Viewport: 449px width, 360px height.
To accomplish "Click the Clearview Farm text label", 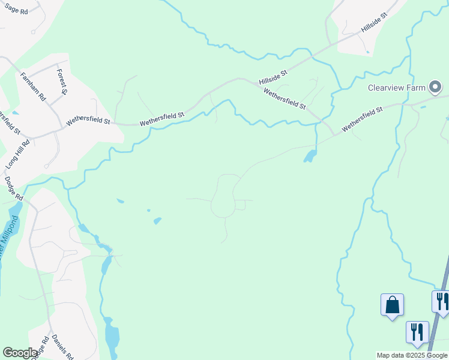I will [396, 88].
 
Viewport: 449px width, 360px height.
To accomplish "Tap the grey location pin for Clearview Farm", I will [435, 88].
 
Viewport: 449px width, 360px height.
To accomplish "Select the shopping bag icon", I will [392, 305].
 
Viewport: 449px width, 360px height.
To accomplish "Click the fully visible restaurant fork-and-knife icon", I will [417, 332].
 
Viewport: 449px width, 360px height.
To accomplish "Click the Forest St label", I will [61, 82].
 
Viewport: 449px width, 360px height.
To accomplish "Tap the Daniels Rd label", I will [62, 347].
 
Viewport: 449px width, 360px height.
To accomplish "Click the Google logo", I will [20, 353].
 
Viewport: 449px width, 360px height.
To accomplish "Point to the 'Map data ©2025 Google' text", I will [412, 355].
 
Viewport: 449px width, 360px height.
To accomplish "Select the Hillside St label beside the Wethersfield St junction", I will [273, 76].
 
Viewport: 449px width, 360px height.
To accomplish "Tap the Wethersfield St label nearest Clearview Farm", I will [362, 120].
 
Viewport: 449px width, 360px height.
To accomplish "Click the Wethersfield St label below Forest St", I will [88, 121].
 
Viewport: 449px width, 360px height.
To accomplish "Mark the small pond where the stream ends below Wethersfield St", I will [310, 157].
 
